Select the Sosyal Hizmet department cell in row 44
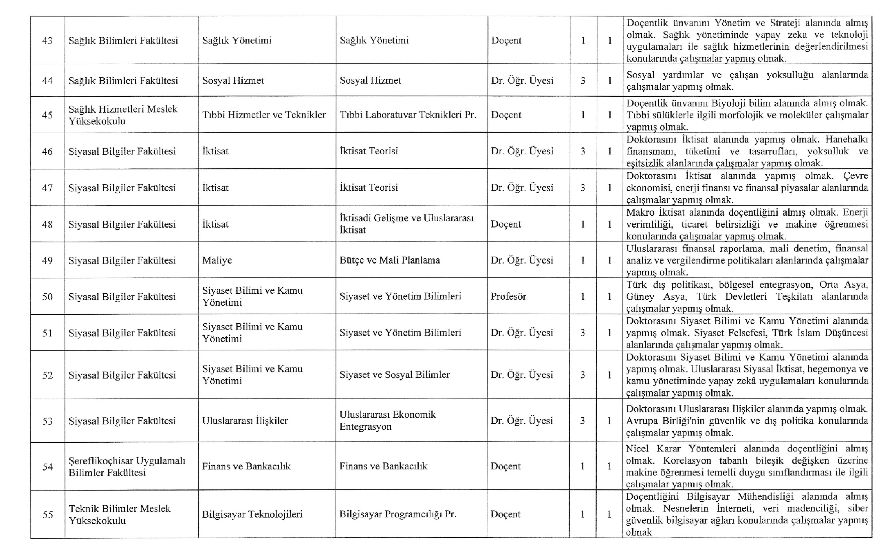point(233,81)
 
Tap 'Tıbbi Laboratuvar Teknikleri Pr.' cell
point(408,115)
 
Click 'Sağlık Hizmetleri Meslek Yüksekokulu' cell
point(123,115)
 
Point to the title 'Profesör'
point(508,296)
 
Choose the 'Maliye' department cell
point(217,260)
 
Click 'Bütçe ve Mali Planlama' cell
point(390,260)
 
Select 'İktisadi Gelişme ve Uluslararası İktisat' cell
point(406,224)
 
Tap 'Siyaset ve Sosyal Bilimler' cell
point(394,375)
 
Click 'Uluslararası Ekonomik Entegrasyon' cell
point(387,420)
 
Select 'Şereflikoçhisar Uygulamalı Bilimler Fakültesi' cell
point(127,466)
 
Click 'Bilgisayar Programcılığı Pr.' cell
point(398,514)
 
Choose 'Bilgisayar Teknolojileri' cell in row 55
point(252,514)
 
